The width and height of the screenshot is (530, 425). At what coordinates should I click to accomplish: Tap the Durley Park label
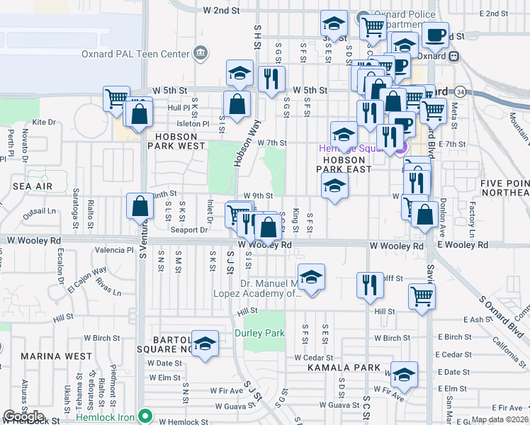click(x=259, y=333)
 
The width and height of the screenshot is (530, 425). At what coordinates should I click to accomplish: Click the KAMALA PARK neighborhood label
click(x=334, y=368)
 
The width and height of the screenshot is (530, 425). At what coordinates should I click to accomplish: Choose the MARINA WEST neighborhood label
click(x=55, y=356)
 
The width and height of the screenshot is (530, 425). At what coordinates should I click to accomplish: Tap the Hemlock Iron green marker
click(x=146, y=416)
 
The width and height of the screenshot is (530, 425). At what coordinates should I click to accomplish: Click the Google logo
click(x=24, y=416)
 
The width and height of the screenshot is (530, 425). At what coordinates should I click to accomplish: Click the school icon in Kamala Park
click(x=405, y=375)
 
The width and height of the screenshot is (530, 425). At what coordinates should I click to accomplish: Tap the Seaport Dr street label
click(x=189, y=229)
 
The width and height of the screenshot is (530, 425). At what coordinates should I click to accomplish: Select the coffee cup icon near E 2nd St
click(x=436, y=34)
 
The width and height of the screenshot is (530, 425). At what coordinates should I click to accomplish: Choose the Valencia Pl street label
click(x=118, y=250)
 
